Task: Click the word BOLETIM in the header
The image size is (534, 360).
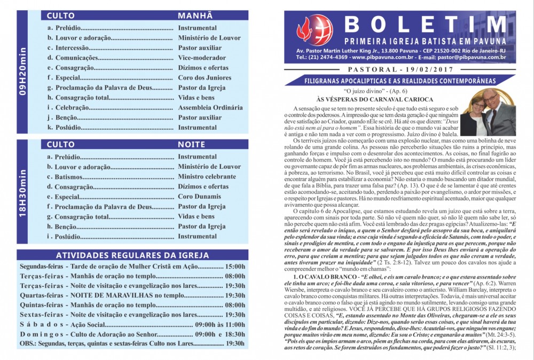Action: tap(425, 25)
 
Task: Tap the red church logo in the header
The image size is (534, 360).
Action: tap(315, 30)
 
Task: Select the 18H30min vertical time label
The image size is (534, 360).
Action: tap(22, 192)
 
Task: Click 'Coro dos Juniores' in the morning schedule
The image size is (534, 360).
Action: tap(204, 77)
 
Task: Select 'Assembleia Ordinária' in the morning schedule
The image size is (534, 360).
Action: tap(210, 107)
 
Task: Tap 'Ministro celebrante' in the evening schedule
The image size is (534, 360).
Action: tap(207, 177)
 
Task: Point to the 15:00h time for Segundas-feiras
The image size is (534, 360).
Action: tap(235, 266)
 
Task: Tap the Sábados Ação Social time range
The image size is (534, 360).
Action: tap(220, 324)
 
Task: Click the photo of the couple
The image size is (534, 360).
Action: tap(488, 113)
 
